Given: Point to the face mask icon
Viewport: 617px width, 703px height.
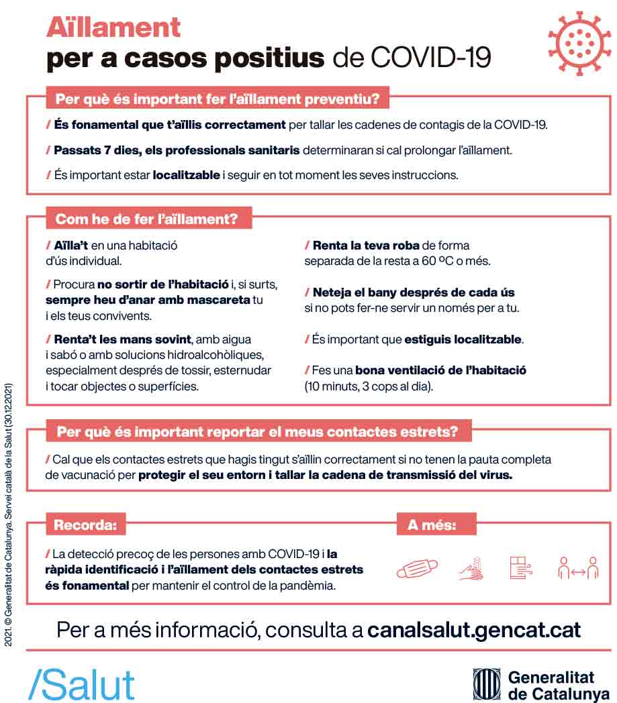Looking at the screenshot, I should (x=417, y=568).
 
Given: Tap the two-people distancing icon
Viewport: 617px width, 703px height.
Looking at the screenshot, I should (x=577, y=568).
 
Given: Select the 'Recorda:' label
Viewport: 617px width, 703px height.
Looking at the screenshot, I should (x=85, y=525).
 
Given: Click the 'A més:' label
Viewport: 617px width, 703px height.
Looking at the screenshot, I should (x=432, y=525).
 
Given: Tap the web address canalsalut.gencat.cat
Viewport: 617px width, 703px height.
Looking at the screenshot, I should (x=474, y=631).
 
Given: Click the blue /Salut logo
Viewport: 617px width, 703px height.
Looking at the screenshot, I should (x=81, y=684).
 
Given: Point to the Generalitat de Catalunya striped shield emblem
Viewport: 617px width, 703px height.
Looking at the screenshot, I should (x=486, y=684).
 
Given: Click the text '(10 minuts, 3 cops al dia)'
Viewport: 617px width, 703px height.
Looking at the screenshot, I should (x=369, y=386).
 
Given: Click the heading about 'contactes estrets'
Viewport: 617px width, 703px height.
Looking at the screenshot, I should (x=257, y=432).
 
